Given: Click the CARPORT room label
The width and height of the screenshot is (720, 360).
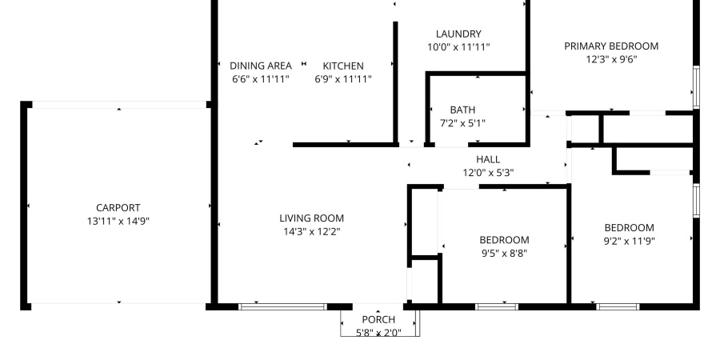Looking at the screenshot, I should point(118,208).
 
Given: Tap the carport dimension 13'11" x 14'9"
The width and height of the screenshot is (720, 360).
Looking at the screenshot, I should point(118,222).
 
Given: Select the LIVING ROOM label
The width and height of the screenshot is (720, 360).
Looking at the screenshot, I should point(311,218).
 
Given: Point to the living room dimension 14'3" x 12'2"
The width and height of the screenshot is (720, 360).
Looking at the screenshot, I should point(311,231).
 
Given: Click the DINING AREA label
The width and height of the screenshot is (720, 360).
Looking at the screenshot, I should point(260,66).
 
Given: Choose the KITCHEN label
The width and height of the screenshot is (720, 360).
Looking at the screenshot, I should point(343,66).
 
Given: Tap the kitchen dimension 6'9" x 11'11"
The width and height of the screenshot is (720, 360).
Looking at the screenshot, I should point(343,79).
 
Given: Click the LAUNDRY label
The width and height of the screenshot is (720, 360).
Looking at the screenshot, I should point(458,34).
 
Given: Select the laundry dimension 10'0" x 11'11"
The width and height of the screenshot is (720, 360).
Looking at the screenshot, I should point(458,47).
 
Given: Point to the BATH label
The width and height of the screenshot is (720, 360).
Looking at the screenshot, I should point(462,110).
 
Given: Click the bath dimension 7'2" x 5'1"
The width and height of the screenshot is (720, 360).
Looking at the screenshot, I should point(462,123).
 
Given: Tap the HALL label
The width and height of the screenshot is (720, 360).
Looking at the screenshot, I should point(488,159).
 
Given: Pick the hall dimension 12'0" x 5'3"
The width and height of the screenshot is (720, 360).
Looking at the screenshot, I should point(488,173).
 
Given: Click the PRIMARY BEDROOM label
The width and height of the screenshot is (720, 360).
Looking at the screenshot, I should point(611,46).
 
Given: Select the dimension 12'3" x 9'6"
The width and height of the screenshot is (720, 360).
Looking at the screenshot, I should point(611,59).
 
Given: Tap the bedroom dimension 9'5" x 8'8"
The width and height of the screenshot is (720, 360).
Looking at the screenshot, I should point(504,254).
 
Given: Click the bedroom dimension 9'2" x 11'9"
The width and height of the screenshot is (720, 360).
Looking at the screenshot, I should point(629,241).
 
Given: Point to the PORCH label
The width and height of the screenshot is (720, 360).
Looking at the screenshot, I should point(379,320).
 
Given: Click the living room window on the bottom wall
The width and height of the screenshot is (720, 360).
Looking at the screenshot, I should point(282,306).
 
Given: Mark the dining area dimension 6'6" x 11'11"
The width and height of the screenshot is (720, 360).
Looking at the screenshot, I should point(260,79).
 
